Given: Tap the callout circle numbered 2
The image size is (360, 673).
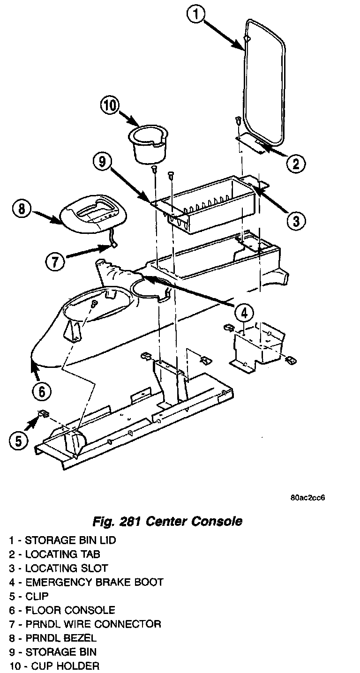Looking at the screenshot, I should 295,164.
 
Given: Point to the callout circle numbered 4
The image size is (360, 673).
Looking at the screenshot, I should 244,312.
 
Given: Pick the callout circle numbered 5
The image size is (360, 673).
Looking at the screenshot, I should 18,441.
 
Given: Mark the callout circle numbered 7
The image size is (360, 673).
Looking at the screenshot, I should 55,262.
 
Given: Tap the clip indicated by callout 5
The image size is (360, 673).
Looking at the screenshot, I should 44,413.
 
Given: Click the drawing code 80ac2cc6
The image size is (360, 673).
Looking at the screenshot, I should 307,498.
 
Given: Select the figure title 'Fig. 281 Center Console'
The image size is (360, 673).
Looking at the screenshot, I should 167,521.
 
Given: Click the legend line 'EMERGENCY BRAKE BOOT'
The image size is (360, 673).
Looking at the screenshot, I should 86,583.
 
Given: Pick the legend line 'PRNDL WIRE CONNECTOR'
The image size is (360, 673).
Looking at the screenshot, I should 85,624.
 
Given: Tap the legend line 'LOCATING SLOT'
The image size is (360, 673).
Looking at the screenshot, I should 58,568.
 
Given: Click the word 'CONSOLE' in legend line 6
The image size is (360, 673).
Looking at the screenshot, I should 90,610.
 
